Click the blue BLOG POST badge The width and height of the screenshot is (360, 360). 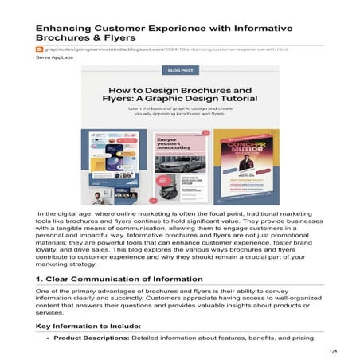click(x=179, y=71)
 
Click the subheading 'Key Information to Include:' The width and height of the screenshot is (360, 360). click(x=88, y=327)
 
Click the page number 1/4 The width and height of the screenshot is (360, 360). click(x=334, y=351)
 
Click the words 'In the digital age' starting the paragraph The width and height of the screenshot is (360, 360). click(x=68, y=214)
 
